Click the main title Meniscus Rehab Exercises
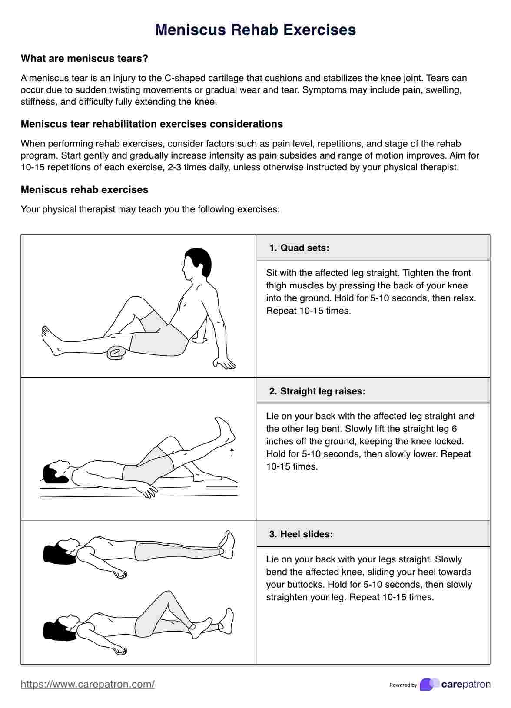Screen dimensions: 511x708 click(x=255, y=30)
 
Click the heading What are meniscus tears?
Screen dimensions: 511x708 click(x=84, y=59)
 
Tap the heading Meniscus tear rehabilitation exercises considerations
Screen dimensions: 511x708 click(x=152, y=124)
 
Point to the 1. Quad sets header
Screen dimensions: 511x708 click(x=299, y=248)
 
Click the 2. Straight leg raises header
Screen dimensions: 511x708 click(x=317, y=391)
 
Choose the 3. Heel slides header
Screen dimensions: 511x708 click(x=301, y=534)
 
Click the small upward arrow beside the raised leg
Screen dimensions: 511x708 click(x=232, y=452)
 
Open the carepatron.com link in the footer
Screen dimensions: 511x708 click(x=88, y=684)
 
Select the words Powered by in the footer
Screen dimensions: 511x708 click(x=403, y=685)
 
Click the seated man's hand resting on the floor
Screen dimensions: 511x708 click(x=224, y=364)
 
